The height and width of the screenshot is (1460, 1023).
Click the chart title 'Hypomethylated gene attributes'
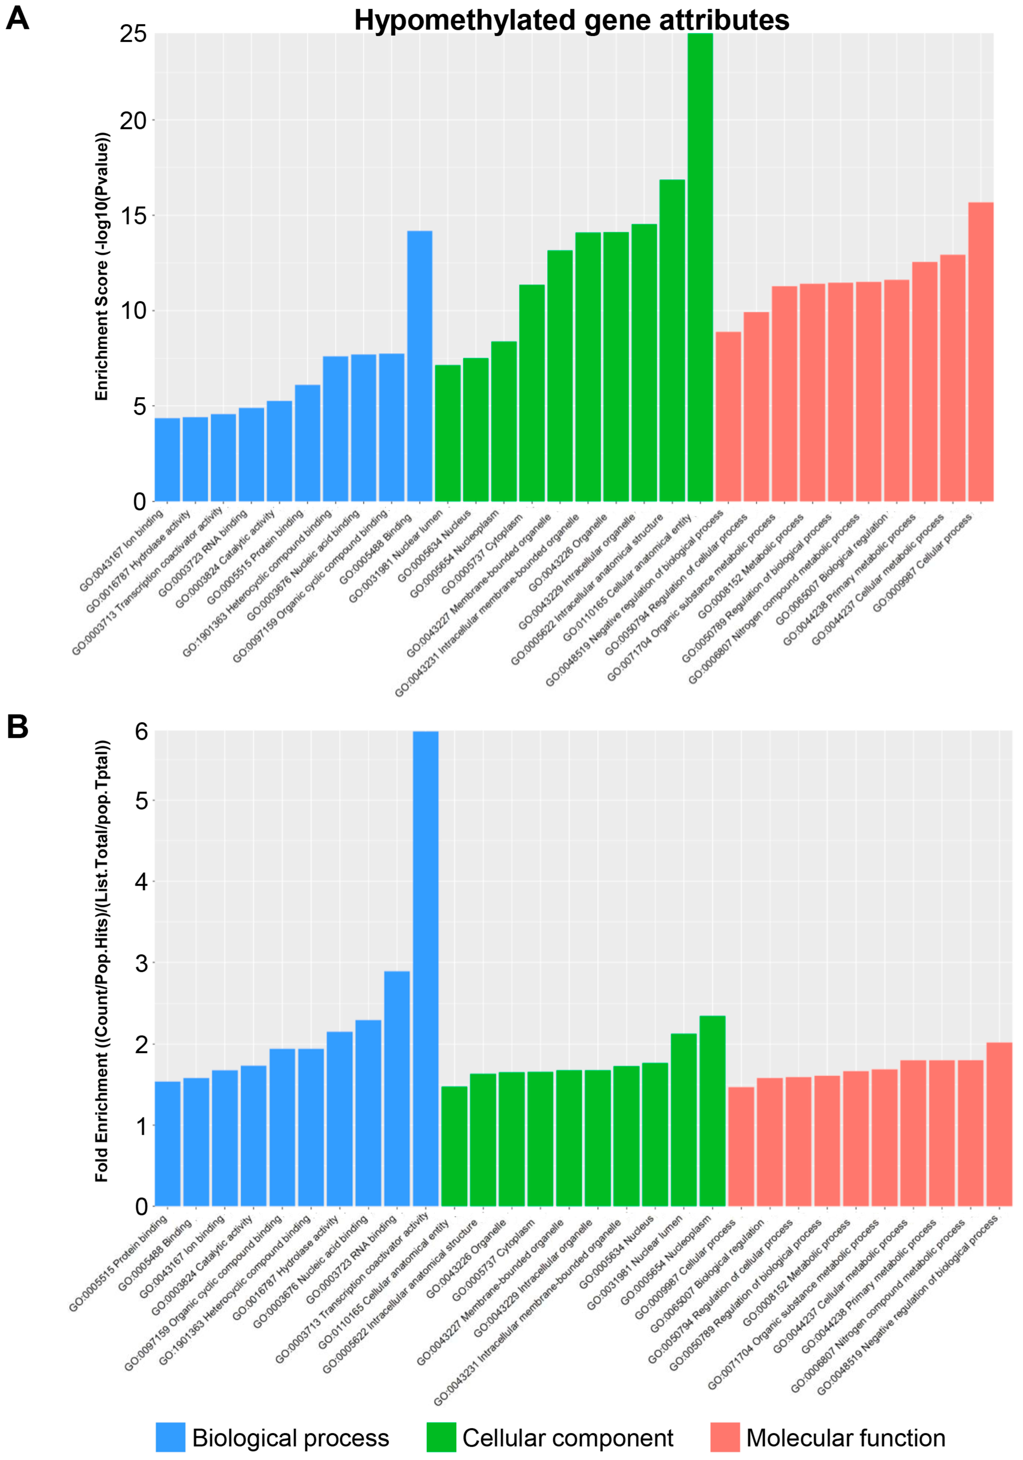571,20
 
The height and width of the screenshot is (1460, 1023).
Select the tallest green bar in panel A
700,267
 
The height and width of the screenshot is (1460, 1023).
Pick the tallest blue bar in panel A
420,366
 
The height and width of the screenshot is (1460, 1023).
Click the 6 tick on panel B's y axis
141,732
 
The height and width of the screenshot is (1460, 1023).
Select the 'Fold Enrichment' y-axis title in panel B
102,960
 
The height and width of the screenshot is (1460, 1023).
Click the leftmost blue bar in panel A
167,459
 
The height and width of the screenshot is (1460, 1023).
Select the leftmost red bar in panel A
728,417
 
